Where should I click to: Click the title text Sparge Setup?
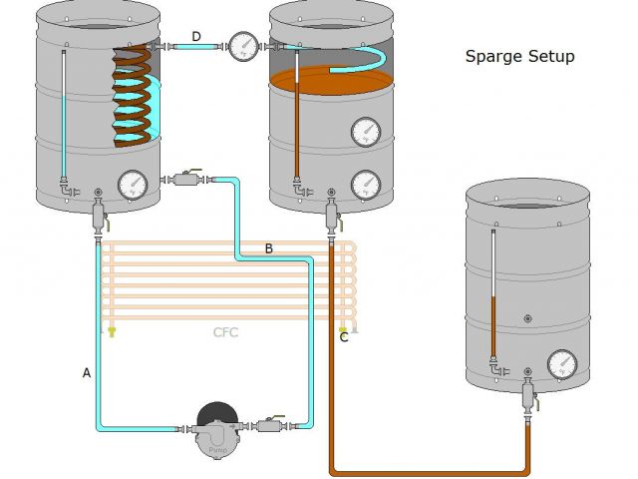519,57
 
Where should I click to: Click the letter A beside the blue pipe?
87,372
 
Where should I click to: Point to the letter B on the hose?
268,248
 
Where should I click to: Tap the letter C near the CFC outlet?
344,337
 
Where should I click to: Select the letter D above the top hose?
196,37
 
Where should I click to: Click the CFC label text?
226,332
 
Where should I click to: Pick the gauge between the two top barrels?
242,45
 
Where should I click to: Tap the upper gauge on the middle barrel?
366,132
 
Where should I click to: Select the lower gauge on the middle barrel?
366,185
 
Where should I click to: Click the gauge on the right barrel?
562,364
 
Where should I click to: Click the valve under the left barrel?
98,214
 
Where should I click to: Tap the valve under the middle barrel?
330,213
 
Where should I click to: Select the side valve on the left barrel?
186,180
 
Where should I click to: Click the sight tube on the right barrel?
492,294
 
